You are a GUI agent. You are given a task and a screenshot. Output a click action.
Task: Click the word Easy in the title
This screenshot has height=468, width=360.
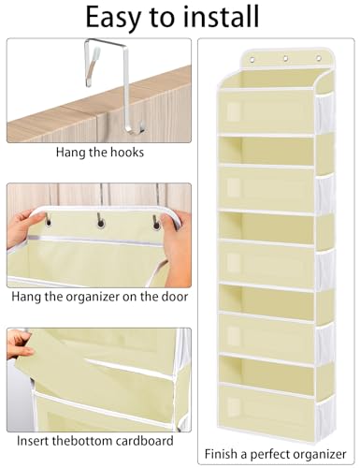point(113,17)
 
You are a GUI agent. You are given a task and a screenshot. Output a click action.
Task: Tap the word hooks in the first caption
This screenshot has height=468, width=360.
point(127,153)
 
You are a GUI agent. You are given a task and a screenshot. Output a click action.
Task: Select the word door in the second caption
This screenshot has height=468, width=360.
point(175,296)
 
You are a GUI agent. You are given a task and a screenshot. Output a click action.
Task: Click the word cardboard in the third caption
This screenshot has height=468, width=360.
point(144,441)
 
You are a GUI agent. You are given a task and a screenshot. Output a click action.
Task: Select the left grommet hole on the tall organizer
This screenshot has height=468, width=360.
point(252,60)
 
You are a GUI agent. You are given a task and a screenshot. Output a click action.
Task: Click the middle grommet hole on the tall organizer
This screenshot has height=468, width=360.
point(285,58)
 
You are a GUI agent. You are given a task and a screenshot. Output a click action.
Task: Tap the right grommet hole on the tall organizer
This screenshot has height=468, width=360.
point(318,58)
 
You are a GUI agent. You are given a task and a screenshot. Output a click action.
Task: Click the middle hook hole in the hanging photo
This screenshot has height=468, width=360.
point(100,224)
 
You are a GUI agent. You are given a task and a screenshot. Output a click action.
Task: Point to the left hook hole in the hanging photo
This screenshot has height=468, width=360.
point(49,222)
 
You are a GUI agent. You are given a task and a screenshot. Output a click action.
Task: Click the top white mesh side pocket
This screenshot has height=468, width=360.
point(324,111)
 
